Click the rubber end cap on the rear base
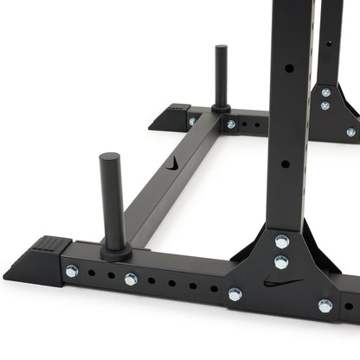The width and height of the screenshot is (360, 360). pos(170,116)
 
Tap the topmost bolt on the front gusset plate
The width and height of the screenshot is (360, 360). pos(281,241)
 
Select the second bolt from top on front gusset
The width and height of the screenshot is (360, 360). pos(281,261)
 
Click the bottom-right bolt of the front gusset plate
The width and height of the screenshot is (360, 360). pos(325,305)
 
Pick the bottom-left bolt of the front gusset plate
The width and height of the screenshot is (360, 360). pos(235,294)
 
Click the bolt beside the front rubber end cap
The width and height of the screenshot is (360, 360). pos(71,272)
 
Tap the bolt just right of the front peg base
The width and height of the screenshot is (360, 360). pos(131,279)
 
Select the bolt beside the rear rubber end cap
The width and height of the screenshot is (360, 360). pos(192,121)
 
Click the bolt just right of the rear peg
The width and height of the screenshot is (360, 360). pos(231,124)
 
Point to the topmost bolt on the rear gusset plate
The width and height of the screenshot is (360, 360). pos(325,92)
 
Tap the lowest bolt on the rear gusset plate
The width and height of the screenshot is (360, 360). pos(350,132)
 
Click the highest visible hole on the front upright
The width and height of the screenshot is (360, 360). pos(288,67)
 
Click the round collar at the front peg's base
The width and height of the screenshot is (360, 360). pos(115,252)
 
